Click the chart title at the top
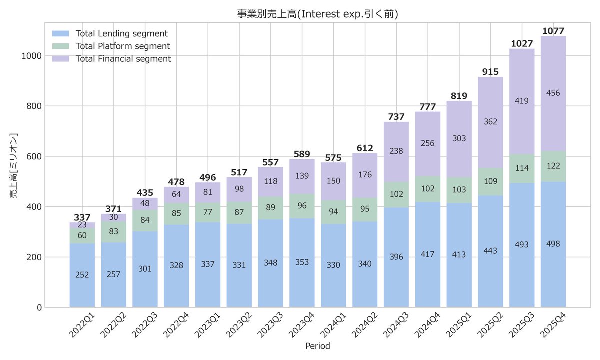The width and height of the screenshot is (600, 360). tap(317, 14)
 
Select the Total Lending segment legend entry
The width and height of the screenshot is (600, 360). tap(121, 34)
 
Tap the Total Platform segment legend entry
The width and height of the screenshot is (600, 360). tap(122, 46)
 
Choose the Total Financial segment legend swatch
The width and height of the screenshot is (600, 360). tap(62, 59)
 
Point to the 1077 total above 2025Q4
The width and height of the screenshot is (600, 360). tap(553, 31)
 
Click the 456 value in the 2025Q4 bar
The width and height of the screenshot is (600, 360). tap(553, 93)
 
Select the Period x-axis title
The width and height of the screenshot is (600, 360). tap(317, 346)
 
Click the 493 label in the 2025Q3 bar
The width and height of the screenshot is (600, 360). tap(522, 244)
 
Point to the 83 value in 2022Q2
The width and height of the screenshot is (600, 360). tap(114, 232)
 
